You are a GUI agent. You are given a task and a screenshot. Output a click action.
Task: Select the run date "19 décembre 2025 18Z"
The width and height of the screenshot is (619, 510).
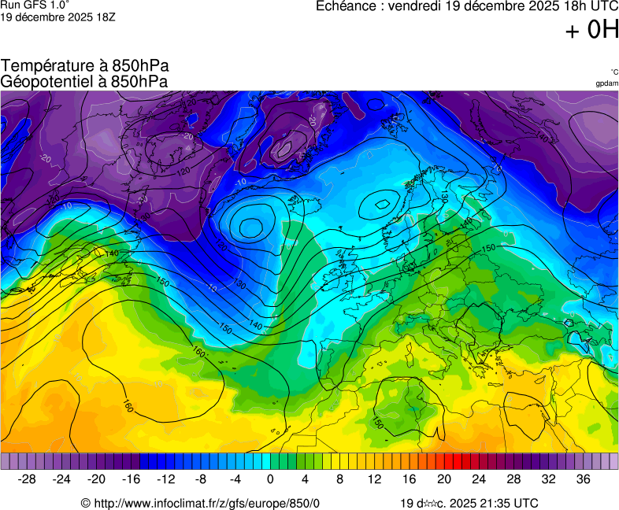(x=58, y=17)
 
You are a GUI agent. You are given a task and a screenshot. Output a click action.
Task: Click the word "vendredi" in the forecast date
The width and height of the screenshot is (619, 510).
(x=415, y=7)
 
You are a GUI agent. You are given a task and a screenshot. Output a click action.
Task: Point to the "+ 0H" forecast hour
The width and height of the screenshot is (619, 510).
(x=592, y=30)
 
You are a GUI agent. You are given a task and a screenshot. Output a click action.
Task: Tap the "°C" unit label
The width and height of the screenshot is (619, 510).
(x=613, y=72)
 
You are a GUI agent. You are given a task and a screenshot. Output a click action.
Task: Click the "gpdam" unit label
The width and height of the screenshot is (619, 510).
(x=606, y=83)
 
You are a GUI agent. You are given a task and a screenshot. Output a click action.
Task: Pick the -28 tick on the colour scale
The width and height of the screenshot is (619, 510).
(x=27, y=479)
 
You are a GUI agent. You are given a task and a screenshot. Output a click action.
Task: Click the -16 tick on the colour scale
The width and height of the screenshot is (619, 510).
(x=131, y=479)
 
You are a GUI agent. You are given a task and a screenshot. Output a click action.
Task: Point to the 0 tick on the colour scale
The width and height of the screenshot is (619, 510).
(x=270, y=479)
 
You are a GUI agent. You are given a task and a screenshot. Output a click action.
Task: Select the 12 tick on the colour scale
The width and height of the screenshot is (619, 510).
(x=374, y=479)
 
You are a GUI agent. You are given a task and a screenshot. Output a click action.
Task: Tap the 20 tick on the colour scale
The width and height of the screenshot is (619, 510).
(x=443, y=479)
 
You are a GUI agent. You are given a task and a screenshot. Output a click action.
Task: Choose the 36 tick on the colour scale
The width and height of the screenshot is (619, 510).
(x=583, y=479)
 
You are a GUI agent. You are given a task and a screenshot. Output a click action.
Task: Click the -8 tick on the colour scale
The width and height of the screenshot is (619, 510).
(x=200, y=479)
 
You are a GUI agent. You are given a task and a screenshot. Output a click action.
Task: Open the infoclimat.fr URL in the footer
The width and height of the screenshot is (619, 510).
(x=206, y=503)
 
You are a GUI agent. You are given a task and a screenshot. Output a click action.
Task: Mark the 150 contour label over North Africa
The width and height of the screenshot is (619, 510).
(x=378, y=423)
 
